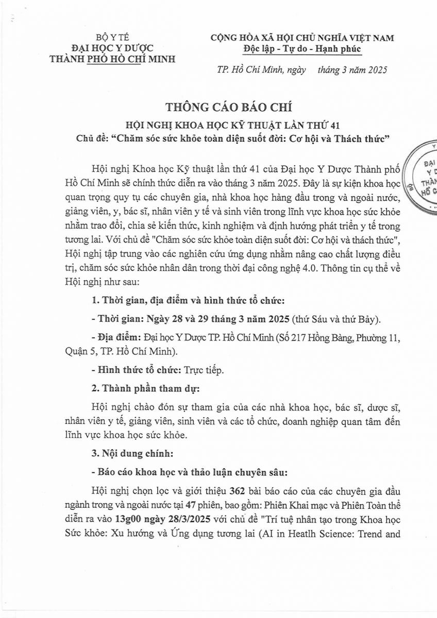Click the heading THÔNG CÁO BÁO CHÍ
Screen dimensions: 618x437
pos(228,108)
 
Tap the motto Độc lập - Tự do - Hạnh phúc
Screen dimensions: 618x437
pos(302,48)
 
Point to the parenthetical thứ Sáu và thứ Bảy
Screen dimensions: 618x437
pos(335,319)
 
